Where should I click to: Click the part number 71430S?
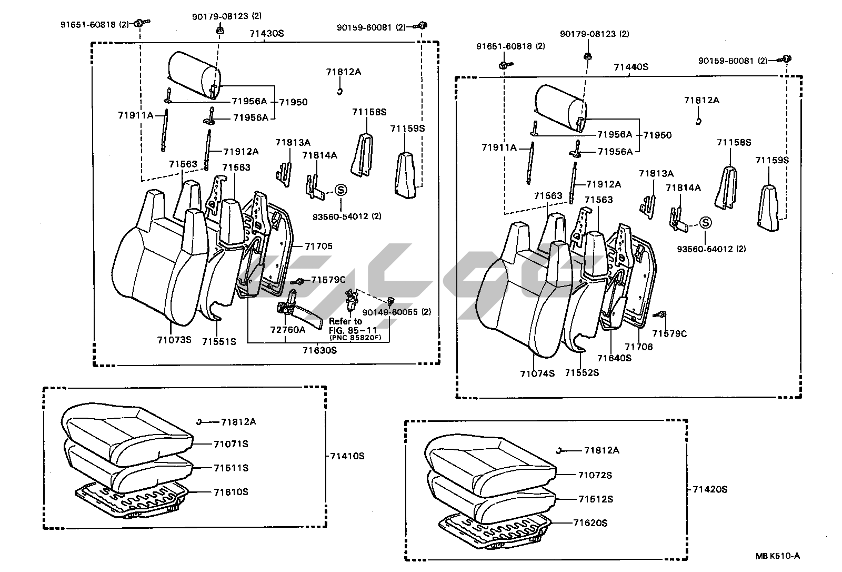[x=267, y=34]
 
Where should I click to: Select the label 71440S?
[x=631, y=67]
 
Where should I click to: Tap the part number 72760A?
[x=288, y=330]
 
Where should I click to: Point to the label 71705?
[x=319, y=246]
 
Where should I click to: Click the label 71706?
[x=639, y=347]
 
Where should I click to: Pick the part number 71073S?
[x=173, y=340]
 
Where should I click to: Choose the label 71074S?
[x=537, y=373]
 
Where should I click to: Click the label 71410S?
[x=347, y=456]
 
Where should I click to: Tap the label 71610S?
[x=231, y=492]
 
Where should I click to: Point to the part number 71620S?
[x=590, y=523]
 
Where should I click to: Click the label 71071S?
[x=231, y=444]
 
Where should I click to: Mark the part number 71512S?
[x=596, y=499]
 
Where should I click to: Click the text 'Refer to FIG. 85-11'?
[x=345, y=326]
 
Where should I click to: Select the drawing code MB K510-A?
[x=777, y=556]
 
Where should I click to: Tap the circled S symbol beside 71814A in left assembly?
[x=340, y=191]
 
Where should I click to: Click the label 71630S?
[x=319, y=350]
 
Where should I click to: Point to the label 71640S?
[x=614, y=358]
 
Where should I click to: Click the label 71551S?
[x=219, y=341]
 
